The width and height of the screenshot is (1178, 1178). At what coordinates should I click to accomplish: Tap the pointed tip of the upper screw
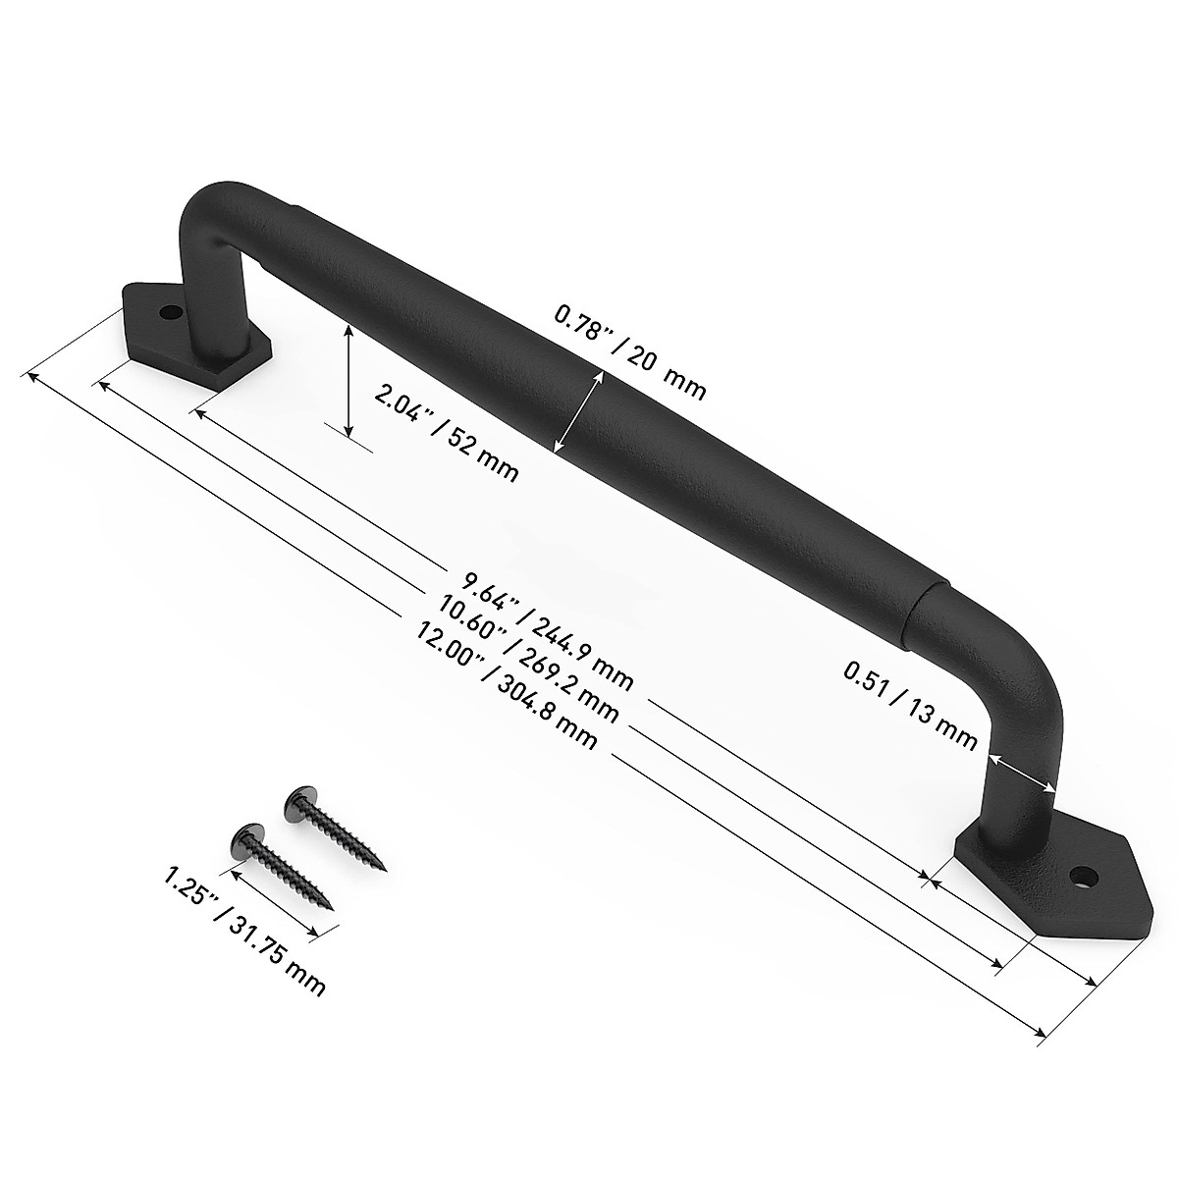click(385, 868)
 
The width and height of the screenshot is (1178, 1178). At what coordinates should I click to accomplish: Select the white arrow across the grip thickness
click(578, 412)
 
